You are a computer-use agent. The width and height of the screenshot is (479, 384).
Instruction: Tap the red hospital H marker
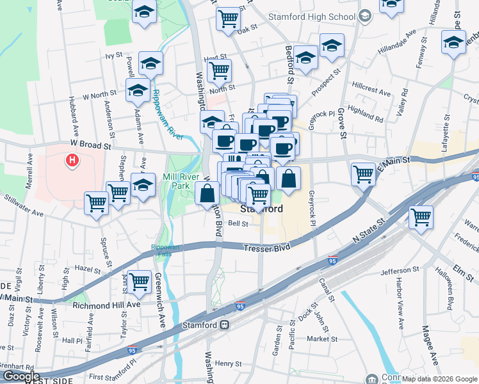coord(73,159)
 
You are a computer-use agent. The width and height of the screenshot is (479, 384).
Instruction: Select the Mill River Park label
coord(178,181)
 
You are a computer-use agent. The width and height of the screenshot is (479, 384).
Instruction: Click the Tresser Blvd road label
coord(266,246)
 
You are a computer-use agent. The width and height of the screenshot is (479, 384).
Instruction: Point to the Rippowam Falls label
coord(166,250)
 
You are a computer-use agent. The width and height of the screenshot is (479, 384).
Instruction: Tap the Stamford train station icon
coord(225,325)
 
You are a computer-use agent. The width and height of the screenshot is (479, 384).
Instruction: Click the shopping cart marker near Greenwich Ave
coord(139,281)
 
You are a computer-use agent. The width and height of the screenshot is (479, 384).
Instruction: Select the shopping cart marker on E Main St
coord(363,173)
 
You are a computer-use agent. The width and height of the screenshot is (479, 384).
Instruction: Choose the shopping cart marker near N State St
coord(421,217)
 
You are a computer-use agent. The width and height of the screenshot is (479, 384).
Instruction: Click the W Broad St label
coord(82,145)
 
